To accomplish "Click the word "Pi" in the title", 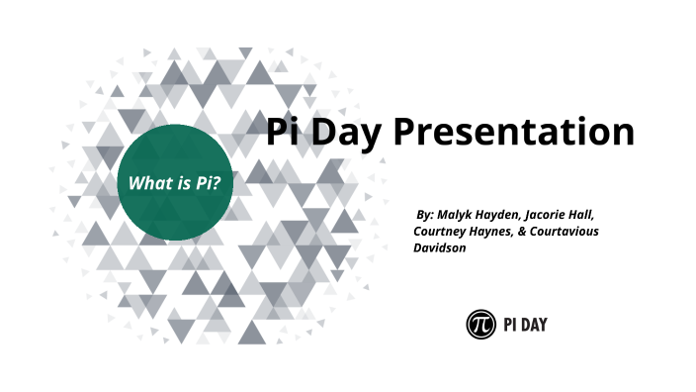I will pyautogui.click(x=287, y=131).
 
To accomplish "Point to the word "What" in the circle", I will pyautogui.click(x=146, y=183).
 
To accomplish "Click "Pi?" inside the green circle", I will pyautogui.click(x=206, y=183).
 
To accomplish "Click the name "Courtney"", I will pyautogui.click(x=439, y=231).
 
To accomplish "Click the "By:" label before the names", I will pyautogui.click(x=426, y=213).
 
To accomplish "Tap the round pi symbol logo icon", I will pyautogui.click(x=480, y=324).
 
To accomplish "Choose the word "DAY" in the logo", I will pyautogui.click(x=539, y=324).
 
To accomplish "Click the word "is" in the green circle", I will pyautogui.click(x=179, y=183).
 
